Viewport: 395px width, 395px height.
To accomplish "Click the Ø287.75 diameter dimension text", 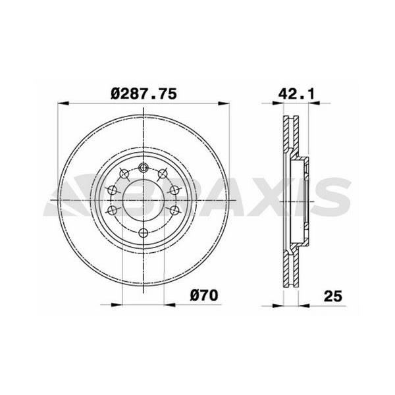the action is [x=144, y=94].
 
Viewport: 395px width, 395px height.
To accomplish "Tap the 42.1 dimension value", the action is [x=296, y=94].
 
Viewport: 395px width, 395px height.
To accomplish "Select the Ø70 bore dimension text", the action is [x=204, y=295].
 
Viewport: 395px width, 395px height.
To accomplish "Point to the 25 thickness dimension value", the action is [x=333, y=296].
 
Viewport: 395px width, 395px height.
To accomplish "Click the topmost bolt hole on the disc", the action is [x=144, y=167].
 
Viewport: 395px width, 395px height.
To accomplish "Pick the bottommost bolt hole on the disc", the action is [x=144, y=233].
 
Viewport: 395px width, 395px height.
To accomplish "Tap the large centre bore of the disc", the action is [x=144, y=200].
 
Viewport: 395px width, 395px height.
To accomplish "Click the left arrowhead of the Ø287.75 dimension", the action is [x=63, y=103].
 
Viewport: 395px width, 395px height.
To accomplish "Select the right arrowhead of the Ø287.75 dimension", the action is [x=224, y=103].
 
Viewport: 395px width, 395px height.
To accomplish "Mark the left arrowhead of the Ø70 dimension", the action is [x=117, y=305].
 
